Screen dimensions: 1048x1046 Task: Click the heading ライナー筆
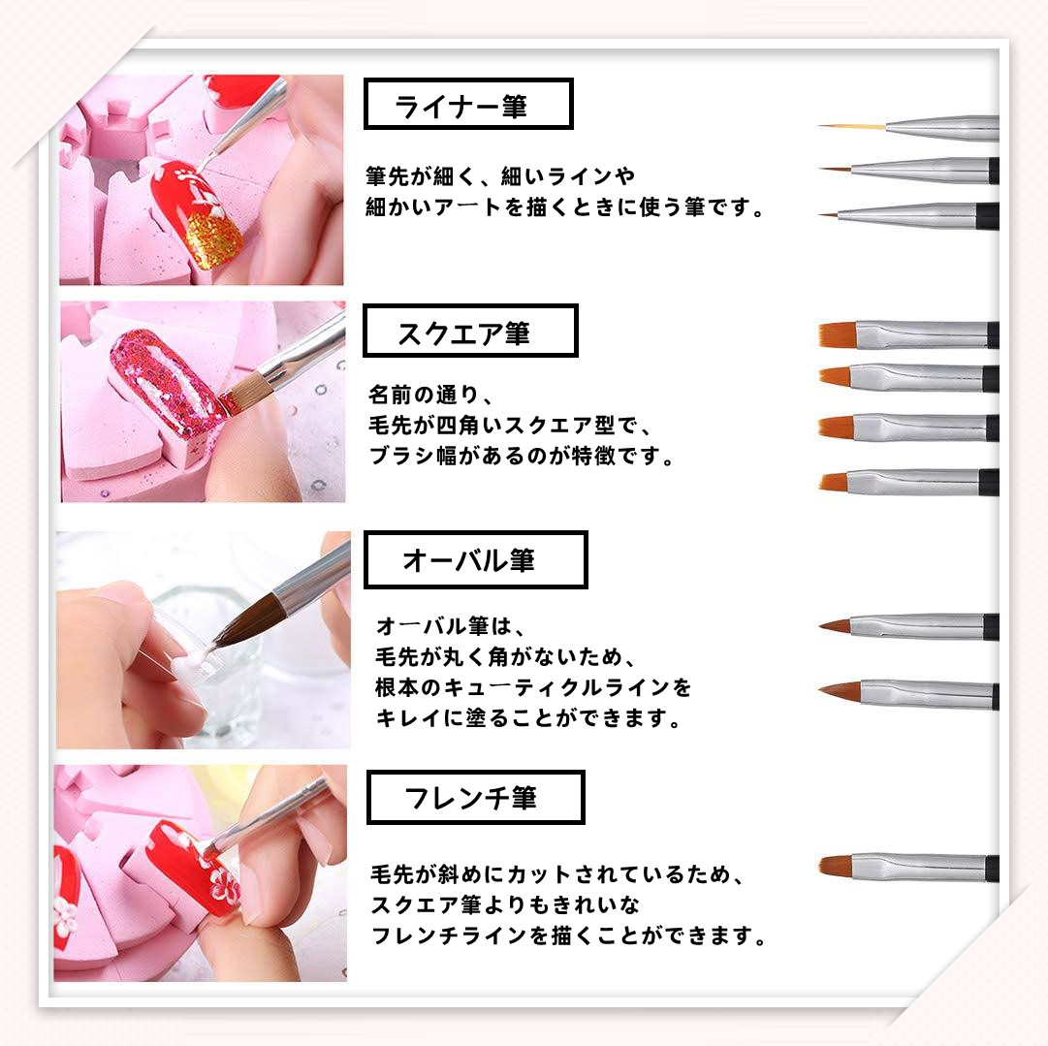coord(461,106)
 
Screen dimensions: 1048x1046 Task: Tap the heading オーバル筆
coord(468,560)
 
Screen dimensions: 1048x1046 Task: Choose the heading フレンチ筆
coord(470,798)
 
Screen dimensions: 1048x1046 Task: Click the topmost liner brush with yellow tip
coord(909,127)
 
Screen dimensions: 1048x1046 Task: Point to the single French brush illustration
coord(909,868)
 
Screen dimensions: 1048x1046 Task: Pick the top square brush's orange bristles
coord(839,333)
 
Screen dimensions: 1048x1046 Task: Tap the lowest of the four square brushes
coord(909,481)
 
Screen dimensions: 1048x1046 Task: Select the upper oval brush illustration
coord(909,627)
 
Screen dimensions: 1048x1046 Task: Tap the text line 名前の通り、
coord(431,395)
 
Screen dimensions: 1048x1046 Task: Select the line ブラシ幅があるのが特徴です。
coord(522,457)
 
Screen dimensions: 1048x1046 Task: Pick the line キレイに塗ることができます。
coord(528,718)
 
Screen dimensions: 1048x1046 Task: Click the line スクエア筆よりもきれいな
coord(505,905)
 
